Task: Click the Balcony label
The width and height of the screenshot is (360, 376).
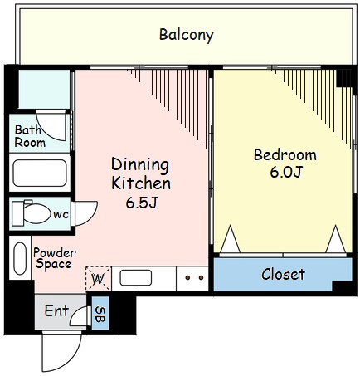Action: [x=187, y=35]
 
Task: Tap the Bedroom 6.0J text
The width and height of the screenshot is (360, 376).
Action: [x=285, y=163]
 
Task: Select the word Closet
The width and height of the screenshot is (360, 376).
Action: [x=283, y=274]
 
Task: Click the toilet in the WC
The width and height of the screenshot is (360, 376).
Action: [x=32, y=212]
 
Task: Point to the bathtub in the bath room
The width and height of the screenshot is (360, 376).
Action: [x=40, y=173]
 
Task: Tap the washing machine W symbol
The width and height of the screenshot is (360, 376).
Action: [x=98, y=279]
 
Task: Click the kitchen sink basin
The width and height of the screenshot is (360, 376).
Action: [x=135, y=278]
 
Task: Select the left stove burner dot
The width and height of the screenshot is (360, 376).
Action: [x=187, y=277]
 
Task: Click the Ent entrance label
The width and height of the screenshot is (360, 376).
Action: [x=56, y=310]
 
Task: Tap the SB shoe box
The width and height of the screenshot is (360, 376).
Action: [x=100, y=313]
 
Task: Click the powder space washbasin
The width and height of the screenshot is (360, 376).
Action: [x=20, y=258]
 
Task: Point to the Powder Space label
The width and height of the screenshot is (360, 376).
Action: [x=54, y=258]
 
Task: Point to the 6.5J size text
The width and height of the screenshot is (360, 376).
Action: [x=142, y=203]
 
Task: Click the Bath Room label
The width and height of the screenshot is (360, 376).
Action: [x=30, y=136]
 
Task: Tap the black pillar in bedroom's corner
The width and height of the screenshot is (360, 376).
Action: [x=344, y=78]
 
